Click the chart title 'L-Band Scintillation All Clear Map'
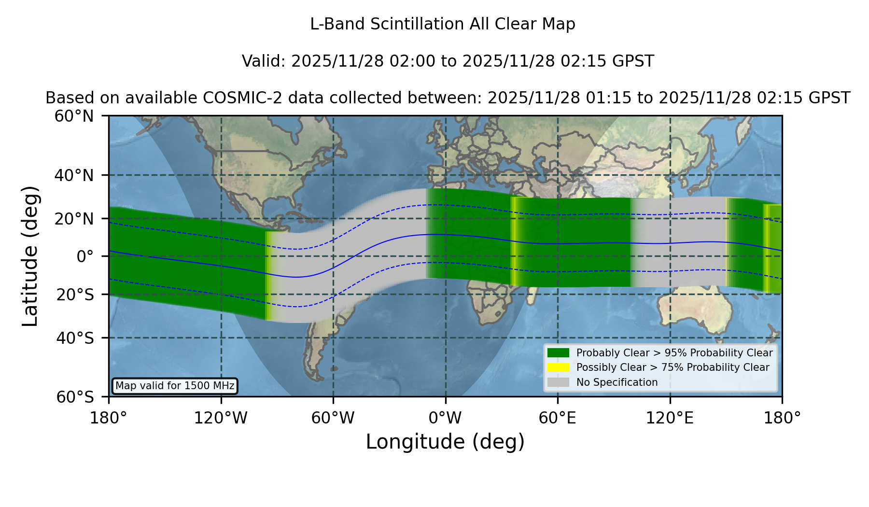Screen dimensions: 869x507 pyautogui.click(x=442, y=24)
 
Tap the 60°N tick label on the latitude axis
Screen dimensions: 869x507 pyautogui.click(x=74, y=116)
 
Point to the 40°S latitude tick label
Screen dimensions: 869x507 pyautogui.click(x=75, y=338)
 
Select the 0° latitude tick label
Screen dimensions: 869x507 pyautogui.click(x=85, y=256)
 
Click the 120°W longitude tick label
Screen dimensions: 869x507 pyautogui.click(x=221, y=418)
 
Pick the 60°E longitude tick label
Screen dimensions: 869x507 pyautogui.click(x=558, y=418)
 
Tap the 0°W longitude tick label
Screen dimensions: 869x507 pyautogui.click(x=445, y=418)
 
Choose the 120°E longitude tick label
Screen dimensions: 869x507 pyautogui.click(x=670, y=418)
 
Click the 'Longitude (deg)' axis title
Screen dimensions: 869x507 pyautogui.click(x=445, y=442)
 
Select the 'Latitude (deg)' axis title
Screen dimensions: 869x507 pyautogui.click(x=30, y=256)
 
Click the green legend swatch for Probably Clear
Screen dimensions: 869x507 pyautogui.click(x=559, y=352)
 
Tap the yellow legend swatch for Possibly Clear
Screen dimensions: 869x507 pyautogui.click(x=559, y=367)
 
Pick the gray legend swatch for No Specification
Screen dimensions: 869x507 pyautogui.click(x=559, y=382)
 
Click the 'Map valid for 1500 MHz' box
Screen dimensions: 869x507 pyautogui.click(x=175, y=386)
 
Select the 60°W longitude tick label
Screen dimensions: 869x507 pyautogui.click(x=333, y=418)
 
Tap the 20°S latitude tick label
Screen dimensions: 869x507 pyautogui.click(x=75, y=295)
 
